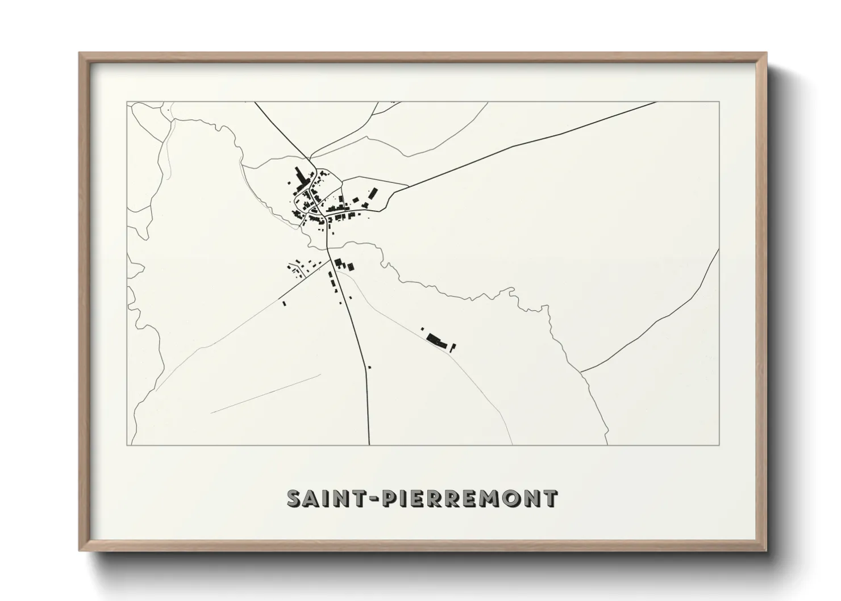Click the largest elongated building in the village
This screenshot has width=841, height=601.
[298, 176]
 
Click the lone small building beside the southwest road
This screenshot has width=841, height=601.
[284, 303]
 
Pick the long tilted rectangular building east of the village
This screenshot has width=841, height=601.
[373, 193]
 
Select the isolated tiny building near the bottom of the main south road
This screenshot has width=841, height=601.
[370, 367]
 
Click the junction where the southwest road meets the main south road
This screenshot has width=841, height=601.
[330, 261]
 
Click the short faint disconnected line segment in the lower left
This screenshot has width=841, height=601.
[265, 393]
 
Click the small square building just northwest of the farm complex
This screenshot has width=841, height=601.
[422, 329]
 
